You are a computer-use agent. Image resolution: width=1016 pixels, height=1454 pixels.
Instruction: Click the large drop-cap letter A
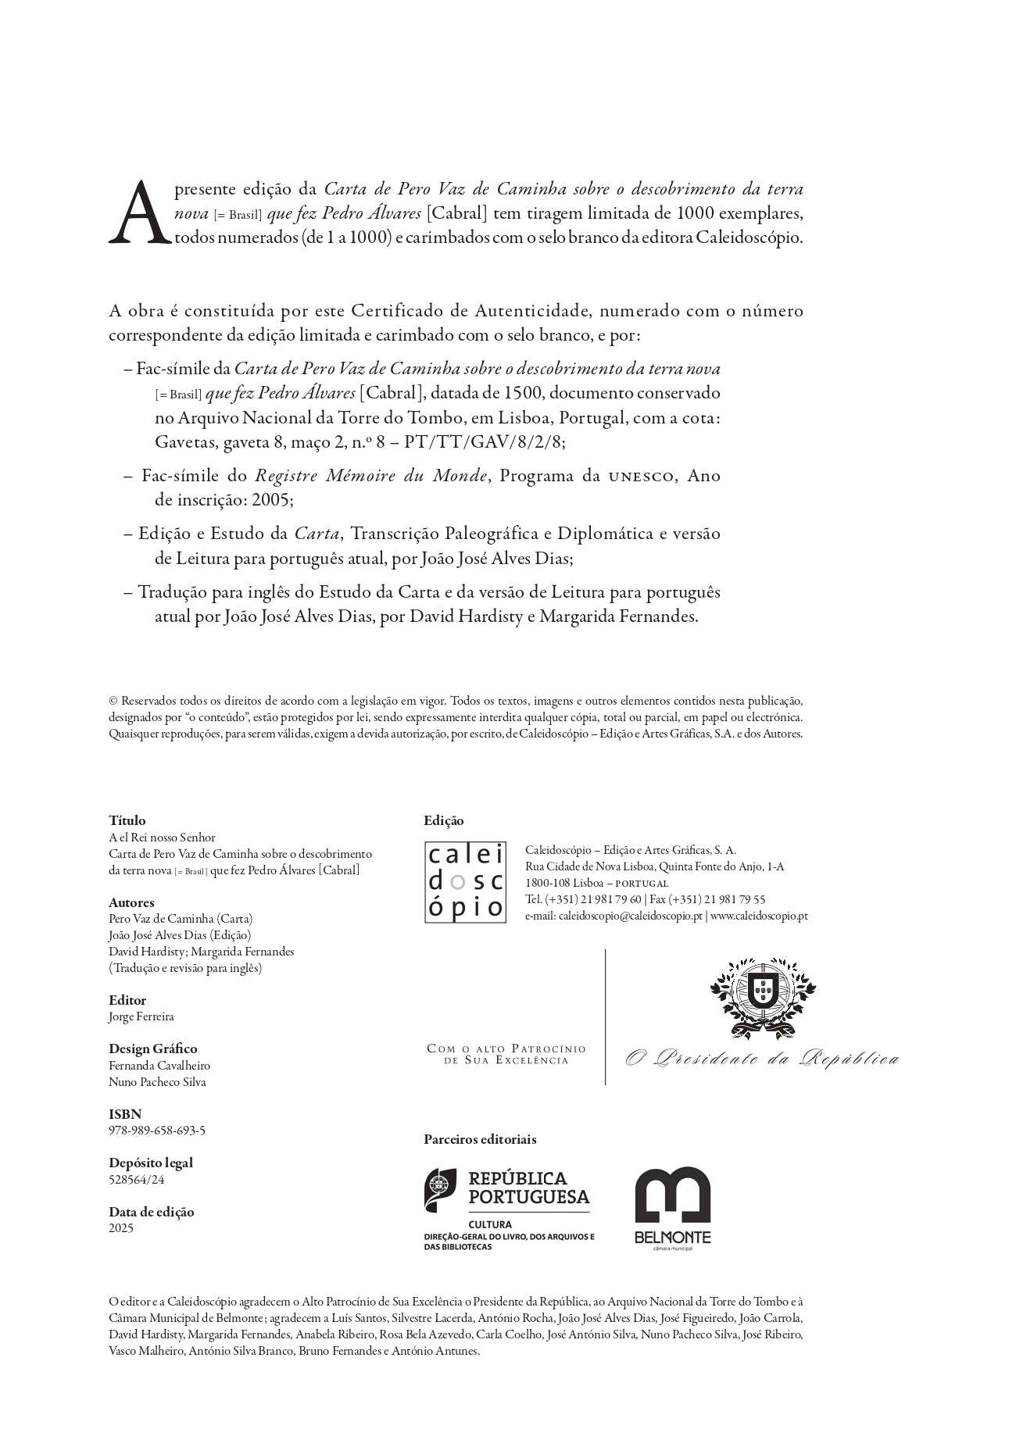tap(139, 213)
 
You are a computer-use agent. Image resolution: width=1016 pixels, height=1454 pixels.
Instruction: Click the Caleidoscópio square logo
tap(465, 882)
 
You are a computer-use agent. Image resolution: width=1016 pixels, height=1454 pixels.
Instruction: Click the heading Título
tap(127, 820)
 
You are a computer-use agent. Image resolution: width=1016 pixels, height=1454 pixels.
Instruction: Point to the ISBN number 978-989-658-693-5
tap(157, 1131)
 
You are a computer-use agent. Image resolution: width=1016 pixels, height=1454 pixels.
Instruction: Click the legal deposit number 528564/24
tap(137, 1179)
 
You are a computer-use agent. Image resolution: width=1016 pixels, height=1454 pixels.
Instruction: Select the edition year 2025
tap(121, 1227)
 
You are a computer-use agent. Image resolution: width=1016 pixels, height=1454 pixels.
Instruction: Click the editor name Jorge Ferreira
tap(141, 1016)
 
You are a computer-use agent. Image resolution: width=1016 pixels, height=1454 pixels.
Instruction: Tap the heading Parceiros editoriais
tap(480, 1139)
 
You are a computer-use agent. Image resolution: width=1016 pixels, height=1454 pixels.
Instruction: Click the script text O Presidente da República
tap(762, 1059)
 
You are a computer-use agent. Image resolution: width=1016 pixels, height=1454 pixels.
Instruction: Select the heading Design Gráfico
tap(153, 1049)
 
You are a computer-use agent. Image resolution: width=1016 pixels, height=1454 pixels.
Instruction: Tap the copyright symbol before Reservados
tap(113, 701)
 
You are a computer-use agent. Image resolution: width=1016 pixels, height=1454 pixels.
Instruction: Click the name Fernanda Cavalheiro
tap(159, 1065)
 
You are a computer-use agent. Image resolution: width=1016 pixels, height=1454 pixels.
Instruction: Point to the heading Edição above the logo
tap(443, 820)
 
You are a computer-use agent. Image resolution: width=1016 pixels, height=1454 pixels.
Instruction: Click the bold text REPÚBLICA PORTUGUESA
tap(528, 1188)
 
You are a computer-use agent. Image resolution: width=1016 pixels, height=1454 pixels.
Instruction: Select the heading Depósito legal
tap(151, 1163)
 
